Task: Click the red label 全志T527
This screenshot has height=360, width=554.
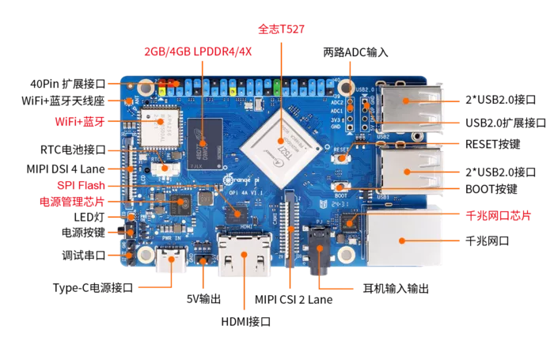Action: tap(281, 29)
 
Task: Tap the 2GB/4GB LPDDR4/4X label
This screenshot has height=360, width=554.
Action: tap(198, 51)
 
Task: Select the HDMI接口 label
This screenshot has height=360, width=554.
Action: tap(246, 321)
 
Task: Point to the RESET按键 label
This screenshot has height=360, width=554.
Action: tap(492, 144)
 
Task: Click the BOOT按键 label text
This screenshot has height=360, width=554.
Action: tap(491, 189)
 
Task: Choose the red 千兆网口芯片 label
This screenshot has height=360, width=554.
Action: tap(498, 215)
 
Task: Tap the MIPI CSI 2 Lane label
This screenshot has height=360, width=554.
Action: tap(294, 300)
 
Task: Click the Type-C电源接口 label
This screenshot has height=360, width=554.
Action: tap(93, 288)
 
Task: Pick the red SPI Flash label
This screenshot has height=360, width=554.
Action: tap(81, 185)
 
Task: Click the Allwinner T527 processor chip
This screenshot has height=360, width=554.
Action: tap(281, 148)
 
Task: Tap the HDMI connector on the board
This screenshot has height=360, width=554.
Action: tap(245, 253)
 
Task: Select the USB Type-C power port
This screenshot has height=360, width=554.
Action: tap(171, 260)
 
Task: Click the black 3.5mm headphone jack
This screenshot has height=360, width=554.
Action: tap(320, 249)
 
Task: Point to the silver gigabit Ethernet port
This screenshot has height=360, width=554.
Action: tap(404, 236)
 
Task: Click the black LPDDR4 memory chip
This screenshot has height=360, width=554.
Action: tap(205, 144)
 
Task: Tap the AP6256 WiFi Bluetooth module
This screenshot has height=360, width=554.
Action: tap(160, 127)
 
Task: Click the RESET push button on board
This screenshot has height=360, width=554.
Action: tap(341, 158)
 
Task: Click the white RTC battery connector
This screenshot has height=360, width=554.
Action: tap(165, 169)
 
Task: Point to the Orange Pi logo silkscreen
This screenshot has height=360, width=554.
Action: tap(241, 180)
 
